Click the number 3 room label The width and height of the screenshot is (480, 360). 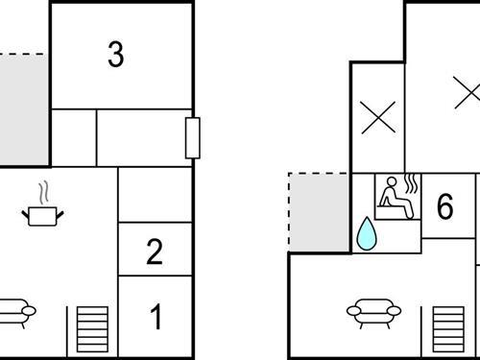click(115, 55)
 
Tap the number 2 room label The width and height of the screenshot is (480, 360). click(155, 252)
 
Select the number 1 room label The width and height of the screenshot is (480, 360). click(156, 317)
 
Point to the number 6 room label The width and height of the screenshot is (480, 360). click(444, 206)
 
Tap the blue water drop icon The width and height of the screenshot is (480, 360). click(367, 235)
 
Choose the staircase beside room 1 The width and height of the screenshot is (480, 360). click(93, 328)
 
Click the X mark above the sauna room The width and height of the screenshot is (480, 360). click(377, 118)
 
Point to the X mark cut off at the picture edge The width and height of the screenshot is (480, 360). click(468, 93)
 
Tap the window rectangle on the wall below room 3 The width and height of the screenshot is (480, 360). click(192, 137)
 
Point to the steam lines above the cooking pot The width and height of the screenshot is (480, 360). click(40, 192)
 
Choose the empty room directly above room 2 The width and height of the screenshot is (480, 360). click(155, 195)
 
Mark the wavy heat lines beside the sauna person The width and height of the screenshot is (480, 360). click(412, 184)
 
